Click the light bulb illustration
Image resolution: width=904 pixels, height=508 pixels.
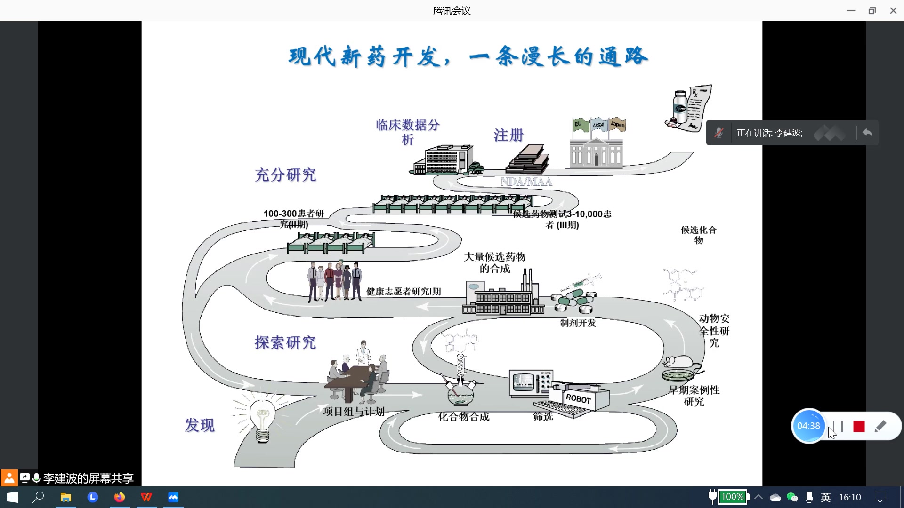point(263,420)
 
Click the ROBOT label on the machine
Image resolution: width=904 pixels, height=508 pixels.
point(578,398)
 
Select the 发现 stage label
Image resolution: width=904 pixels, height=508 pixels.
point(200,425)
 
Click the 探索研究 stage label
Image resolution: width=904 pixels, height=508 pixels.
point(285,342)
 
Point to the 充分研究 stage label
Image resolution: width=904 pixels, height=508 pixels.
point(285,175)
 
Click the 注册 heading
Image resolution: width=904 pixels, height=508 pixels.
point(508,135)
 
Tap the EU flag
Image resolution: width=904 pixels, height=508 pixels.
point(579,124)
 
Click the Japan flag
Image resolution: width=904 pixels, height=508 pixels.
point(617,125)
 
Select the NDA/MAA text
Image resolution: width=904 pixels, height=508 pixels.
point(526,182)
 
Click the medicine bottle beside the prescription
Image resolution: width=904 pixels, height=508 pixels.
point(679,108)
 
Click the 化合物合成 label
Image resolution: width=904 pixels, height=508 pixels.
point(464,417)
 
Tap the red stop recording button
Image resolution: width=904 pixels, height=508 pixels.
point(859,426)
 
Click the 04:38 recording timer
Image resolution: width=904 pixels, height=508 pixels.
point(808,426)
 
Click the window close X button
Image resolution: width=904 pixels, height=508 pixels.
point(893,10)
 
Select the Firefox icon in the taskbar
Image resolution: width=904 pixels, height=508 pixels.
point(120,497)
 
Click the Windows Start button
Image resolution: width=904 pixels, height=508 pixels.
point(13,497)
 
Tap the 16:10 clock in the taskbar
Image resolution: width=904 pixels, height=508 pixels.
point(849,497)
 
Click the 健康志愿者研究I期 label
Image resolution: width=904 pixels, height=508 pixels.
point(404,292)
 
